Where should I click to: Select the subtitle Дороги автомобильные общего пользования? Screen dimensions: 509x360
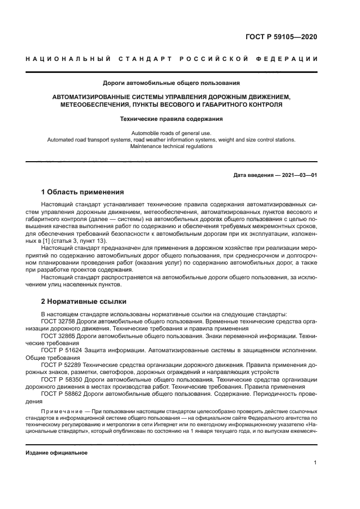172,83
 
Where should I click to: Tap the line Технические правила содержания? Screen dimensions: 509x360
172,118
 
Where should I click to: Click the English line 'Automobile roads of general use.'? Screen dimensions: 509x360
172,133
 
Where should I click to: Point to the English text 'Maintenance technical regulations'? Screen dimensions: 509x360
172,146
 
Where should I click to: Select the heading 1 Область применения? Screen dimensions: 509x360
82,192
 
